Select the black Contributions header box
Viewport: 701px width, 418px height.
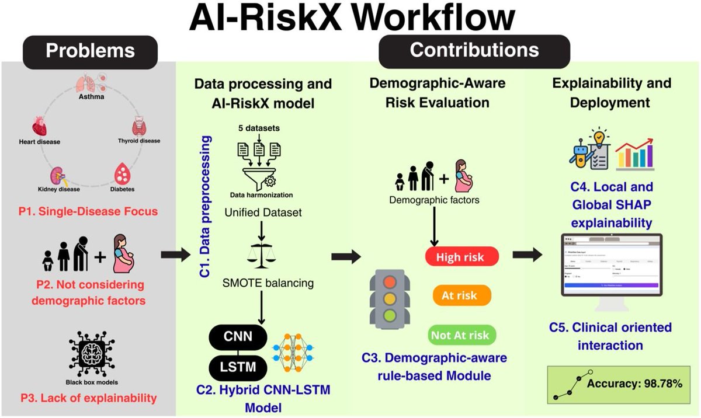click(x=474, y=50)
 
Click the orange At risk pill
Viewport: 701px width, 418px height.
click(x=459, y=295)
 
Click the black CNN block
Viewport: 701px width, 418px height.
click(x=238, y=337)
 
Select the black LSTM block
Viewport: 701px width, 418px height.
click(x=238, y=367)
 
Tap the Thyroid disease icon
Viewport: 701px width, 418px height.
click(x=140, y=125)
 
